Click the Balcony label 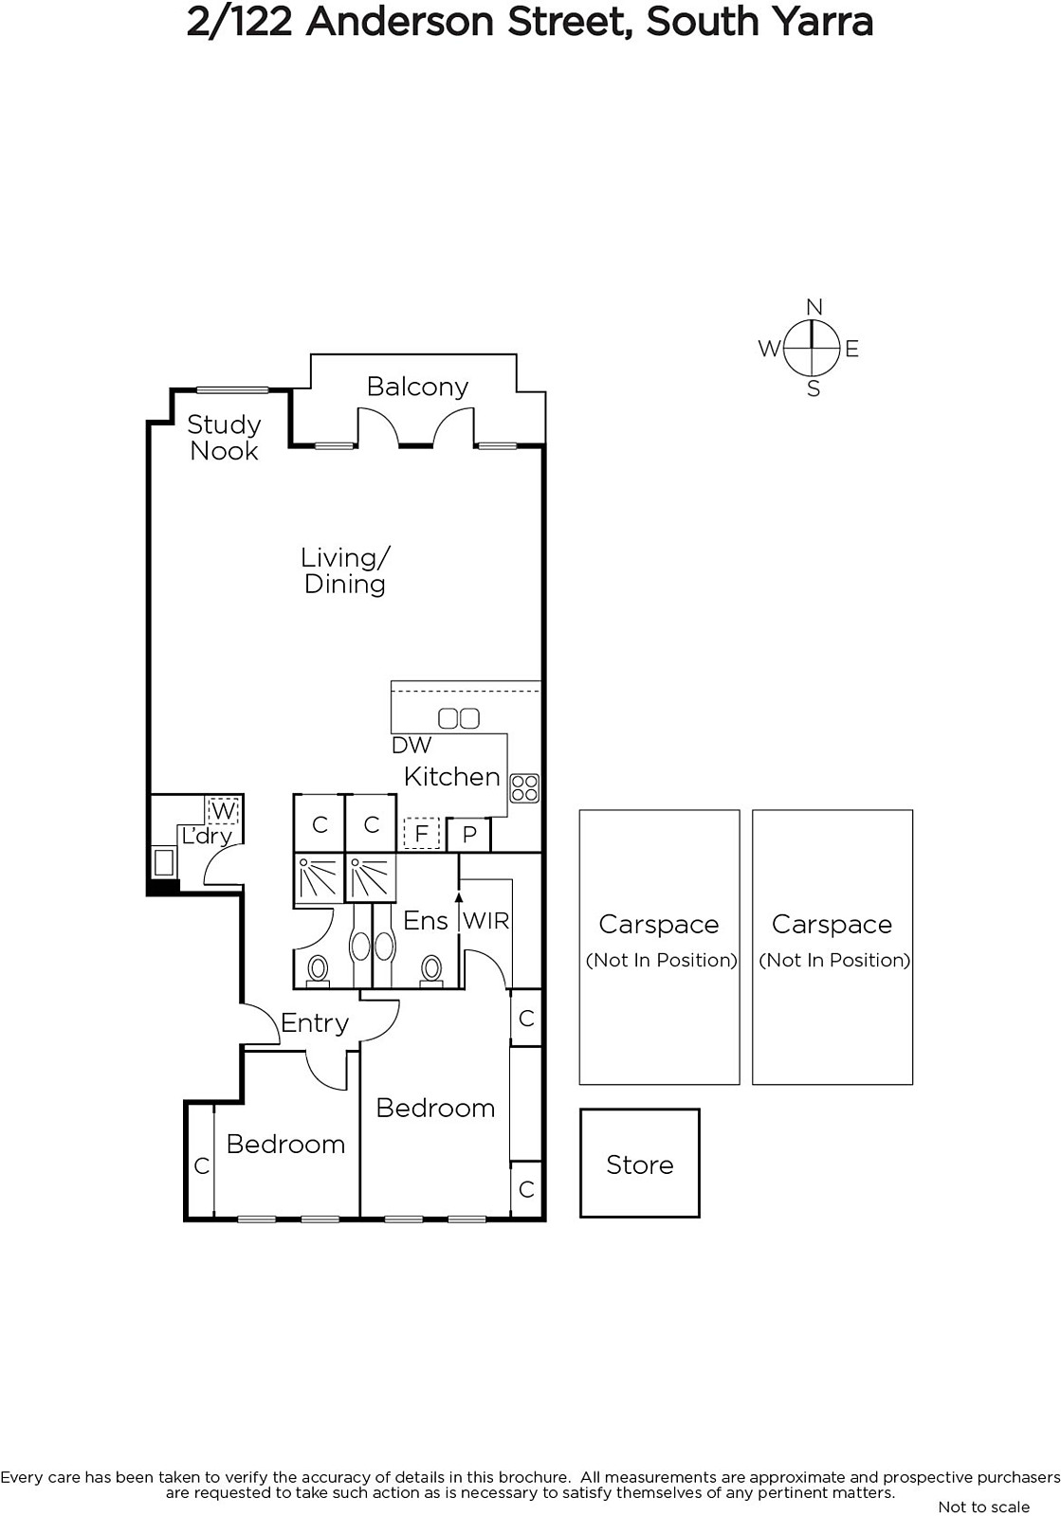pyautogui.click(x=417, y=387)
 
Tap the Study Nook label pyautogui.click(x=224, y=437)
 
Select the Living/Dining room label pyautogui.click(x=345, y=570)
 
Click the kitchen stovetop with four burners pyautogui.click(x=524, y=787)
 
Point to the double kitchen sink pyautogui.click(x=459, y=718)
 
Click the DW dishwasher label pyautogui.click(x=412, y=745)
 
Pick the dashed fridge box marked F pyautogui.click(x=421, y=833)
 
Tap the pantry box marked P pyautogui.click(x=469, y=835)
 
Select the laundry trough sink pyautogui.click(x=164, y=862)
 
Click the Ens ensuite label pyautogui.click(x=425, y=920)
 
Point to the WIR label pyautogui.click(x=486, y=920)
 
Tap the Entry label pyautogui.click(x=315, y=1022)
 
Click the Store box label pyautogui.click(x=640, y=1164)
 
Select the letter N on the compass pyautogui.click(x=814, y=307)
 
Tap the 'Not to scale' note pyautogui.click(x=984, y=1507)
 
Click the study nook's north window pyautogui.click(x=232, y=389)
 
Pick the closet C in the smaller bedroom pyautogui.click(x=202, y=1165)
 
